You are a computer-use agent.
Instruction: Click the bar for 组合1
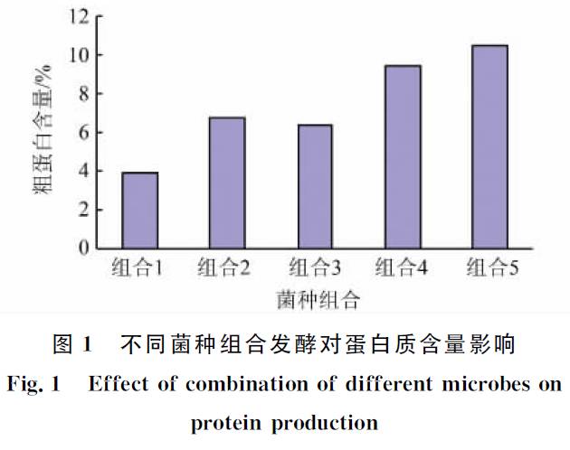point(139,210)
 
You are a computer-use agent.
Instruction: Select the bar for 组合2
point(226,183)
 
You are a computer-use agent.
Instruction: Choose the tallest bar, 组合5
point(489,146)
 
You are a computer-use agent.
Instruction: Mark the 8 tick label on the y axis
point(83,94)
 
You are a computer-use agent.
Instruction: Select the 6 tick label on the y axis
point(83,132)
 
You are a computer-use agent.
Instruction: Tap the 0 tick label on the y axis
point(83,248)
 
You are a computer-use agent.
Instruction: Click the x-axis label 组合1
point(138,268)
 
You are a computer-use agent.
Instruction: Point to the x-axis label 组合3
point(314,268)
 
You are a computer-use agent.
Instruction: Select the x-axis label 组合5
point(492,268)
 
